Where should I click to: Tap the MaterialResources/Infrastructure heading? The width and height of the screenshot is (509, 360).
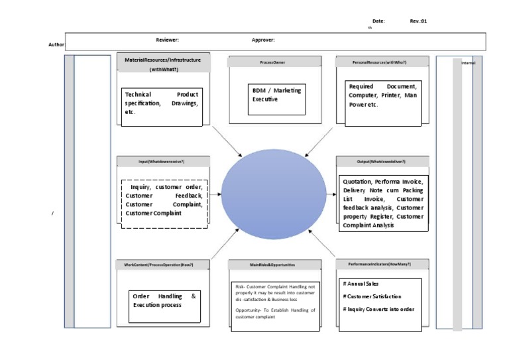pyautogui.click(x=163, y=60)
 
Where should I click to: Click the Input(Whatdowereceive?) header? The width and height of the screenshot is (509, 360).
pyautogui.click(x=162, y=162)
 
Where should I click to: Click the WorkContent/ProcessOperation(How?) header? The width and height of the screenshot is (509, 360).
pyautogui.click(x=162, y=264)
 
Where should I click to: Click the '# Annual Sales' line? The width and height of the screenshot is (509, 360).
pyautogui.click(x=361, y=284)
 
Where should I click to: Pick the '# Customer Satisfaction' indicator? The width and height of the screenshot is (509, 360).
pyautogui.click(x=372, y=296)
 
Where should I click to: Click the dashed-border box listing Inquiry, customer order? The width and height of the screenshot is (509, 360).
pyautogui.click(x=164, y=204)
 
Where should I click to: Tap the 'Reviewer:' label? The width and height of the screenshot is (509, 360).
pyautogui.click(x=167, y=40)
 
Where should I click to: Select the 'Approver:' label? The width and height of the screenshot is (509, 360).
pyautogui.click(x=263, y=40)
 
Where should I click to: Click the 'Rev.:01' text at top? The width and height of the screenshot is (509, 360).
pyautogui.click(x=418, y=21)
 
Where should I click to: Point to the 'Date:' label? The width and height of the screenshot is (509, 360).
pyautogui.click(x=378, y=21)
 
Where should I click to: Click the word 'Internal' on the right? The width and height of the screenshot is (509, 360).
pyautogui.click(x=468, y=63)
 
